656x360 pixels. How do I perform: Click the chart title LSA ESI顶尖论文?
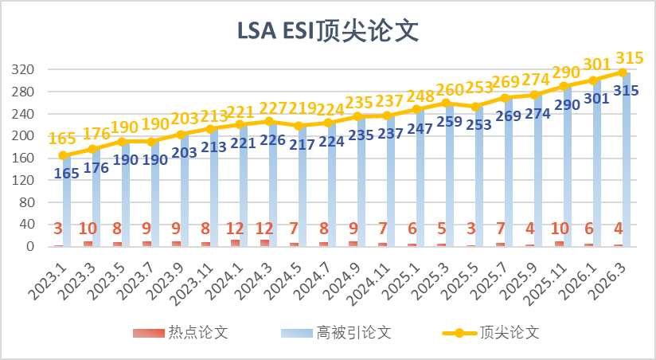(327, 30)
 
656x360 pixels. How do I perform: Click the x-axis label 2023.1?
(48, 275)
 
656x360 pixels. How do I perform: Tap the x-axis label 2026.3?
(609, 275)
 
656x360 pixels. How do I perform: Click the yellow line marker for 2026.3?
(623, 72)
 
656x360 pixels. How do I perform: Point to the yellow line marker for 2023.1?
(63, 155)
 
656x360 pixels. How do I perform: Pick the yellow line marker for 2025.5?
(476, 107)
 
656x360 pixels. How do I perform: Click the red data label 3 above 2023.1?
(58, 229)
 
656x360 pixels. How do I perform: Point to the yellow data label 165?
(63, 139)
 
